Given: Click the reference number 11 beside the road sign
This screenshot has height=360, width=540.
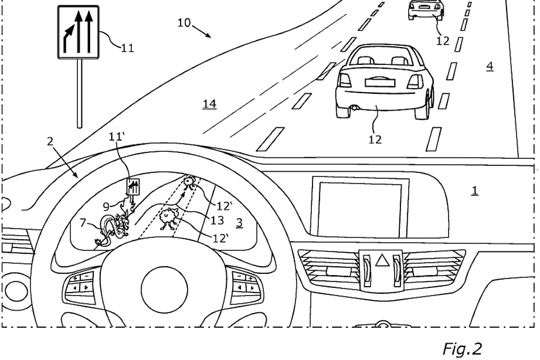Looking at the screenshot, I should click(x=127, y=48).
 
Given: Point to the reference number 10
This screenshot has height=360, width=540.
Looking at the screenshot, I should click(x=184, y=22).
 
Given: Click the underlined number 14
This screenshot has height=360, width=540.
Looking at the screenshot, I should click(x=210, y=104).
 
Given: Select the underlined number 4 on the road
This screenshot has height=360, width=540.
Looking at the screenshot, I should click(x=490, y=66).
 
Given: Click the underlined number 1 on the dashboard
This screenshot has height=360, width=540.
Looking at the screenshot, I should click(x=474, y=190).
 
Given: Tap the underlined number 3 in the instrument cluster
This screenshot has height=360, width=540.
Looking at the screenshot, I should click(x=239, y=222).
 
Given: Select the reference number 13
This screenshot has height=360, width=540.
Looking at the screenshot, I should click(x=217, y=221).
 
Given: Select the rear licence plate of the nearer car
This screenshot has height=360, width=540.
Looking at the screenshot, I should click(x=379, y=82).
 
